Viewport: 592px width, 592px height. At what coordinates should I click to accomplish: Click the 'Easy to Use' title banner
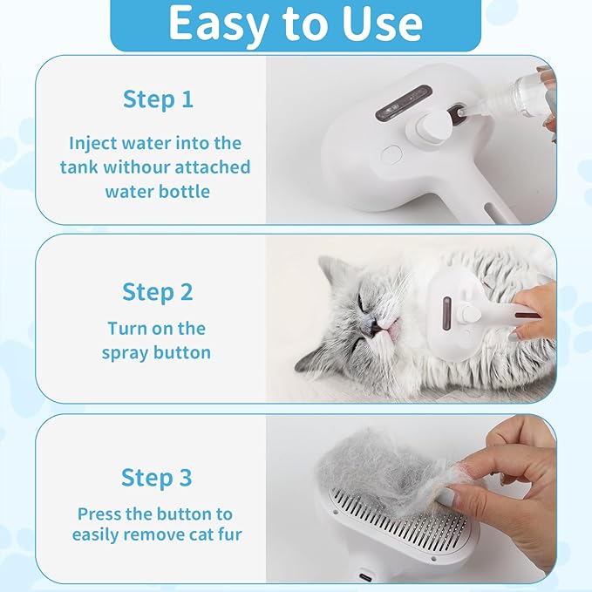pos(296,24)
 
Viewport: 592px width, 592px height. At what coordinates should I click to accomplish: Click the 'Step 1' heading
pos(158,99)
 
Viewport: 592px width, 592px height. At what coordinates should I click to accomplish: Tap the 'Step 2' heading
pos(158,291)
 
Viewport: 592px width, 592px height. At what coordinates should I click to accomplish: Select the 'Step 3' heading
pos(158,478)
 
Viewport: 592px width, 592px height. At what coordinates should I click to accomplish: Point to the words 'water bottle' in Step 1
pos(158,190)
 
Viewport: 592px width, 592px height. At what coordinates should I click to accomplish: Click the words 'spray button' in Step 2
pos(156,352)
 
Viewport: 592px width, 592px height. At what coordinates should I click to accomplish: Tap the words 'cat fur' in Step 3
pos(211,534)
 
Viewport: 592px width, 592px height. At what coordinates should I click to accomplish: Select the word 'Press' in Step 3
pos(101,514)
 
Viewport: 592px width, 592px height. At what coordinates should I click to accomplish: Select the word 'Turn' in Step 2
pos(126,329)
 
